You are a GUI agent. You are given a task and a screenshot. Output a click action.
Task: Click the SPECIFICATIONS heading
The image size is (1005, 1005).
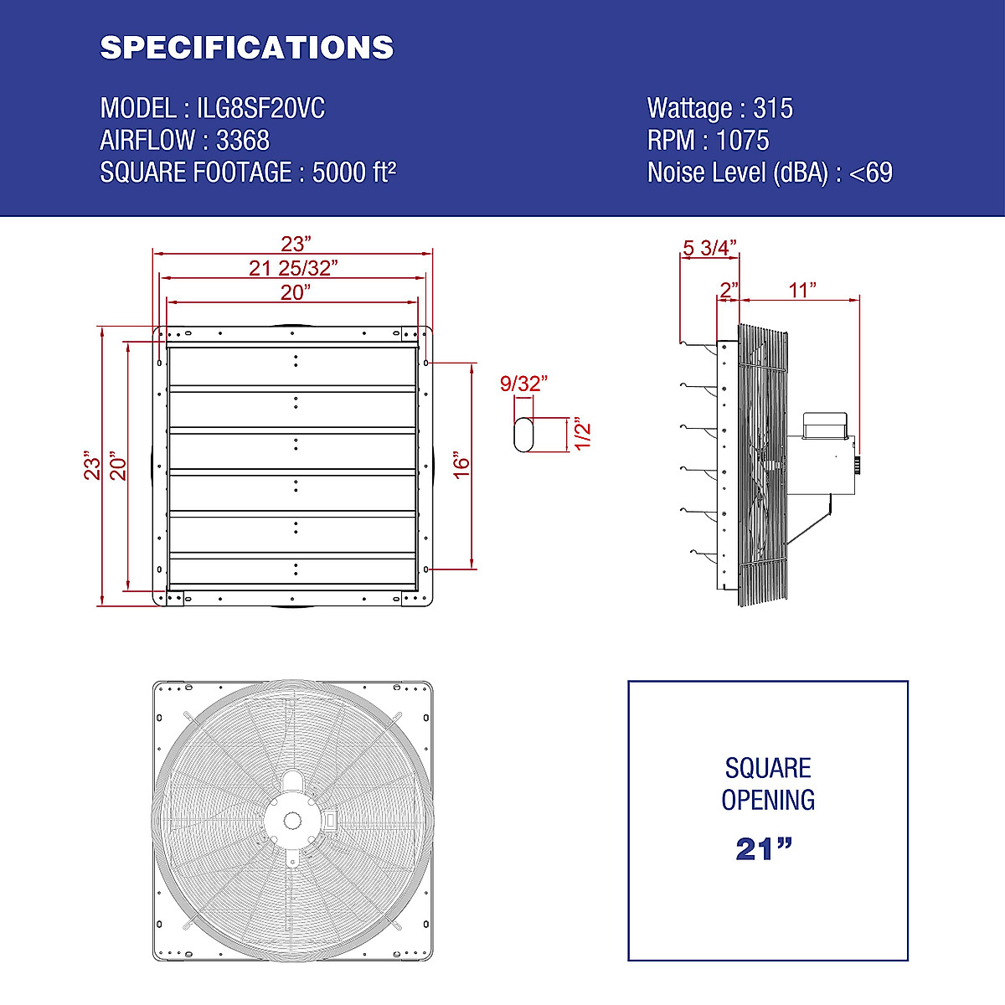tap(247, 48)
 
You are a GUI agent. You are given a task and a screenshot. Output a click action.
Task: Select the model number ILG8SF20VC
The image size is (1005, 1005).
tap(260, 109)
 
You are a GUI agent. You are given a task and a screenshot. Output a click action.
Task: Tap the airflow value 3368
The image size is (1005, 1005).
tap(243, 141)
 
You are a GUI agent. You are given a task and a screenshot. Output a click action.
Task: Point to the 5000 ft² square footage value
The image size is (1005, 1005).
tap(354, 173)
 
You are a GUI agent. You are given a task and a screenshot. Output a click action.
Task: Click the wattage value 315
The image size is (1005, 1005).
tap(773, 109)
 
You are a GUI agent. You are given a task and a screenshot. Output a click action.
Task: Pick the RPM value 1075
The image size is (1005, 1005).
tap(743, 141)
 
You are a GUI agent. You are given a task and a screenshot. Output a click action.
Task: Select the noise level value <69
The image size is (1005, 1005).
tap(871, 173)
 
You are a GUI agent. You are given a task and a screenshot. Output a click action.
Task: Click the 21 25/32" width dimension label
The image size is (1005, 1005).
tap(293, 268)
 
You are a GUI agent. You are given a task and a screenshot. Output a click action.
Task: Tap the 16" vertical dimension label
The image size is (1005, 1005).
tap(462, 464)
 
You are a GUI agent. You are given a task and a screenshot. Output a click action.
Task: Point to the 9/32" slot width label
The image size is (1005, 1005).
tap(523, 384)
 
